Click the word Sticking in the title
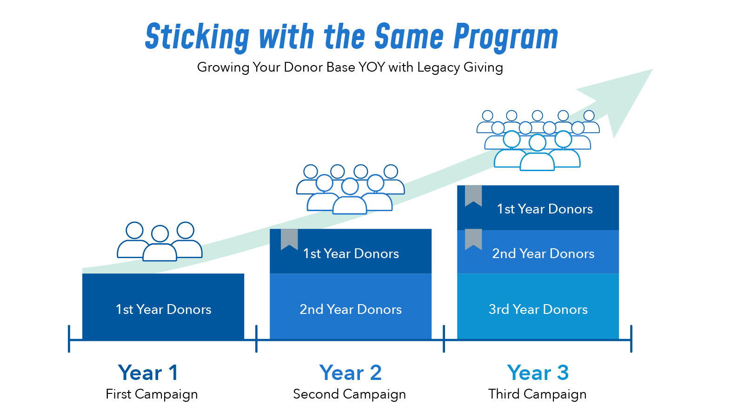pos(197,37)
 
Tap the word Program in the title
pos(505,37)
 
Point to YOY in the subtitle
pos(372,67)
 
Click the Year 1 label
pos(148,372)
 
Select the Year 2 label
pos(351,372)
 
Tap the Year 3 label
pos(538,372)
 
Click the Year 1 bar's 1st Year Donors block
pos(163,306)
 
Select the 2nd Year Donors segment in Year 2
pos(351,306)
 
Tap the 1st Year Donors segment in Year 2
pos(351,251)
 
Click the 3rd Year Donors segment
pos(538,306)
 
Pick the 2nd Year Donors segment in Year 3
pos(538,252)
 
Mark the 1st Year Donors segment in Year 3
pos(538,208)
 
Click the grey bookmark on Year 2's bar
pos(289,239)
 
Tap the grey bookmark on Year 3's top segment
pos(473,195)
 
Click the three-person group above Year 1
pos(160,241)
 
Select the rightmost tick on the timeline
pos(631,339)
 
